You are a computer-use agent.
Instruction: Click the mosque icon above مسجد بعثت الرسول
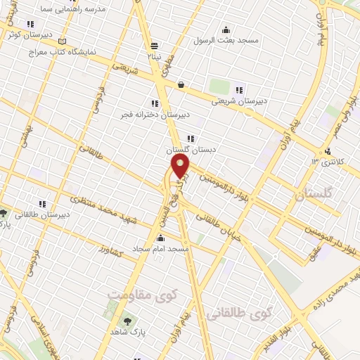point(226,30)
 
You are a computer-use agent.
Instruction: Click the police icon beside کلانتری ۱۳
point(328,151)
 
